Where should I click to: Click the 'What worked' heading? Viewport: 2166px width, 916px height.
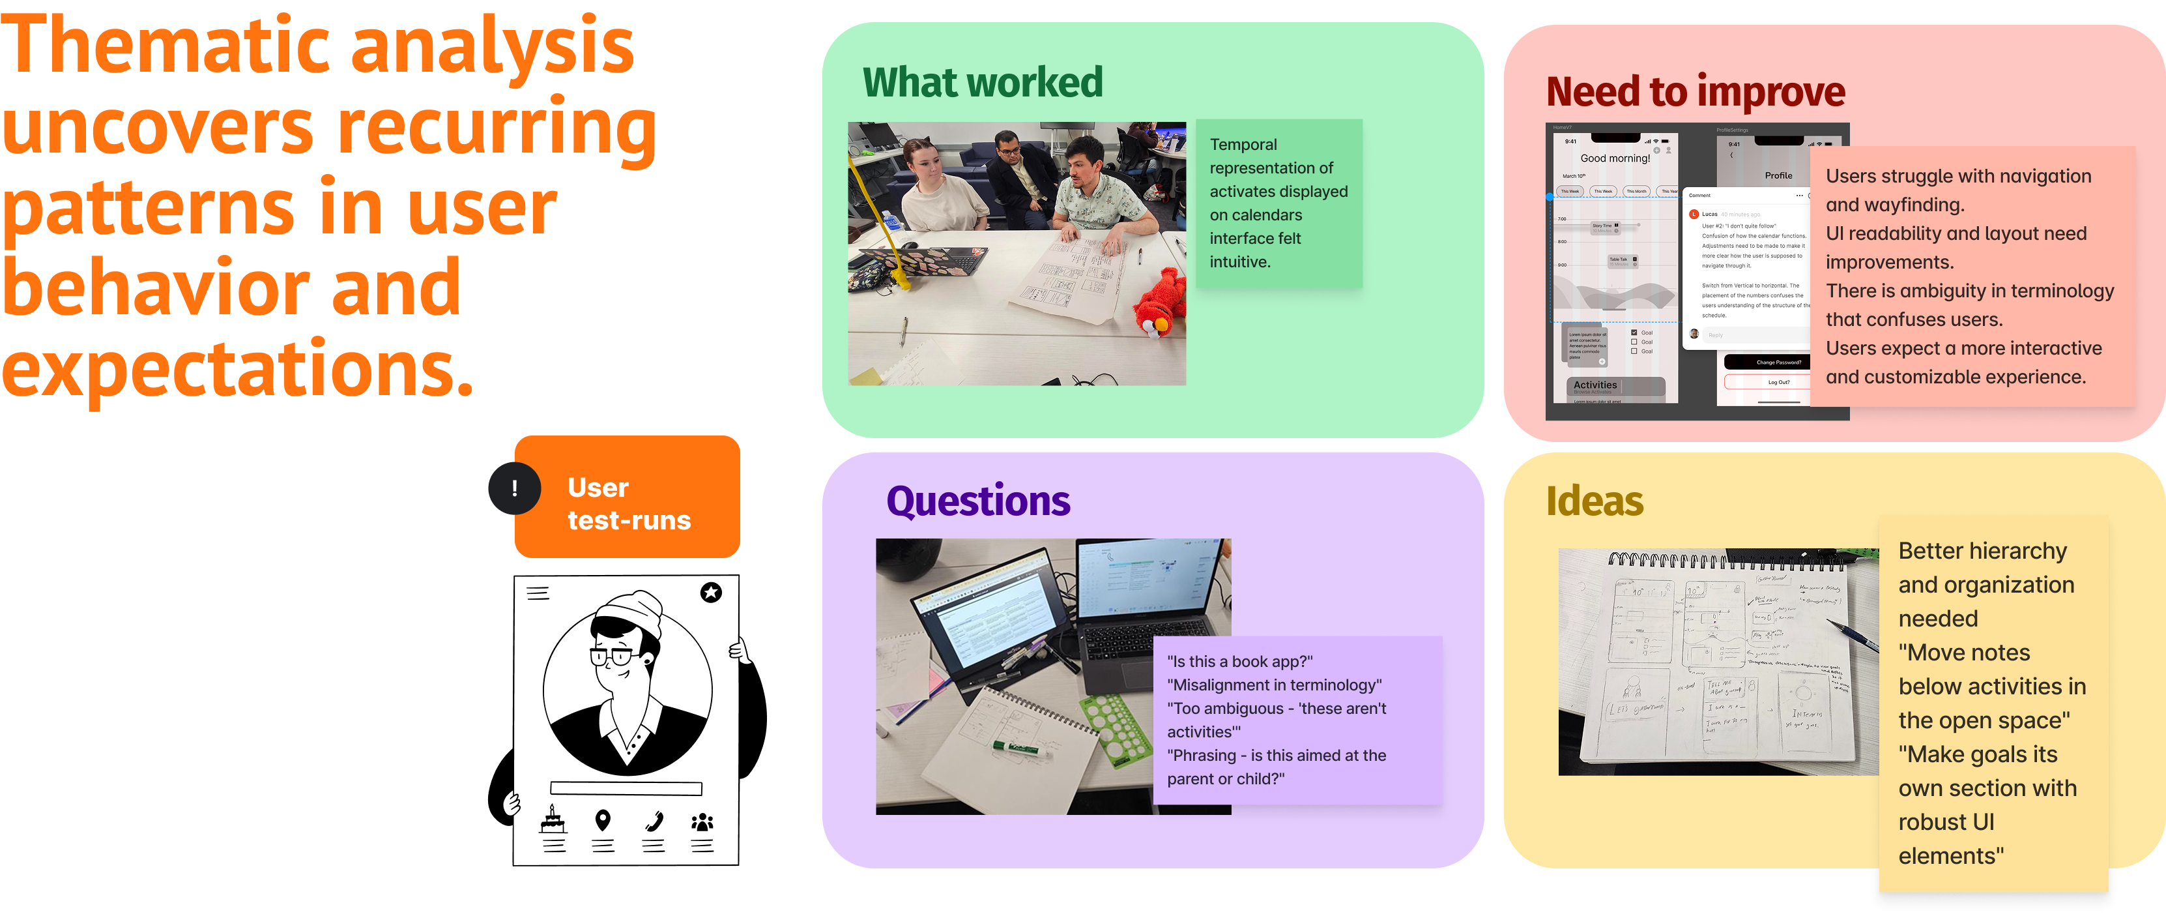(982, 82)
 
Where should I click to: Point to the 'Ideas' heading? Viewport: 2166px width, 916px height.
(1595, 501)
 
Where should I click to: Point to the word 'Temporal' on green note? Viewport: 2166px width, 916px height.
(1243, 145)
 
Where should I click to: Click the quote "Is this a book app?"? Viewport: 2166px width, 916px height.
(1239, 662)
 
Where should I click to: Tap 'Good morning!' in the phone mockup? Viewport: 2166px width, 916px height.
(1615, 158)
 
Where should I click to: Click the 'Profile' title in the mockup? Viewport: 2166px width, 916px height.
(1778, 176)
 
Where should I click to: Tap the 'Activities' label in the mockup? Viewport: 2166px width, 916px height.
(1595, 385)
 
